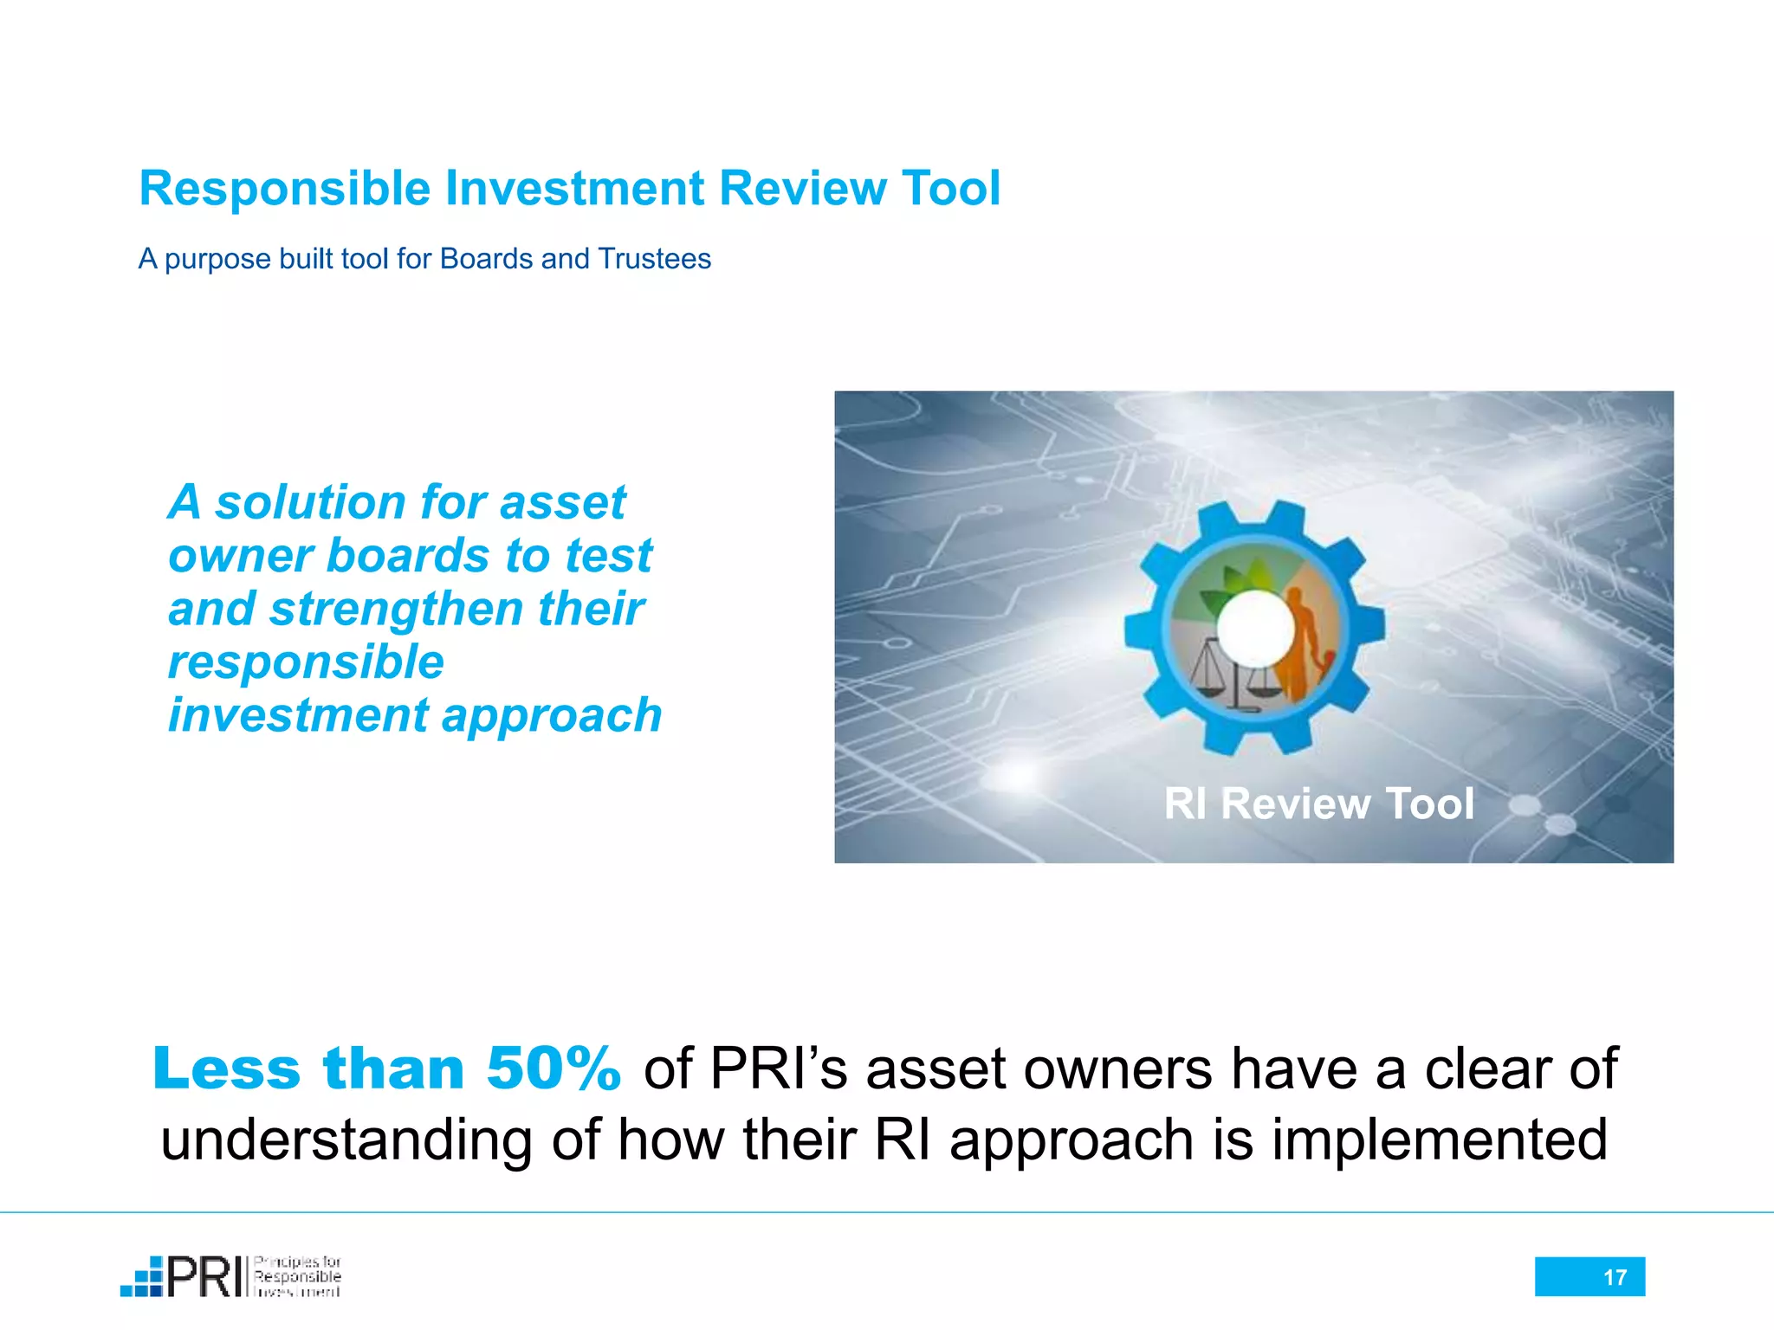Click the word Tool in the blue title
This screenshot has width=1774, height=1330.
950,188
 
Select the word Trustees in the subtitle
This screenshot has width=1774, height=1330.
654,259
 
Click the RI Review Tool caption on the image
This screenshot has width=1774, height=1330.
1318,804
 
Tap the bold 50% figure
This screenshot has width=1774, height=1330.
553,1069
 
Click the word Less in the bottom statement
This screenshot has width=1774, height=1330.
227,1069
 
